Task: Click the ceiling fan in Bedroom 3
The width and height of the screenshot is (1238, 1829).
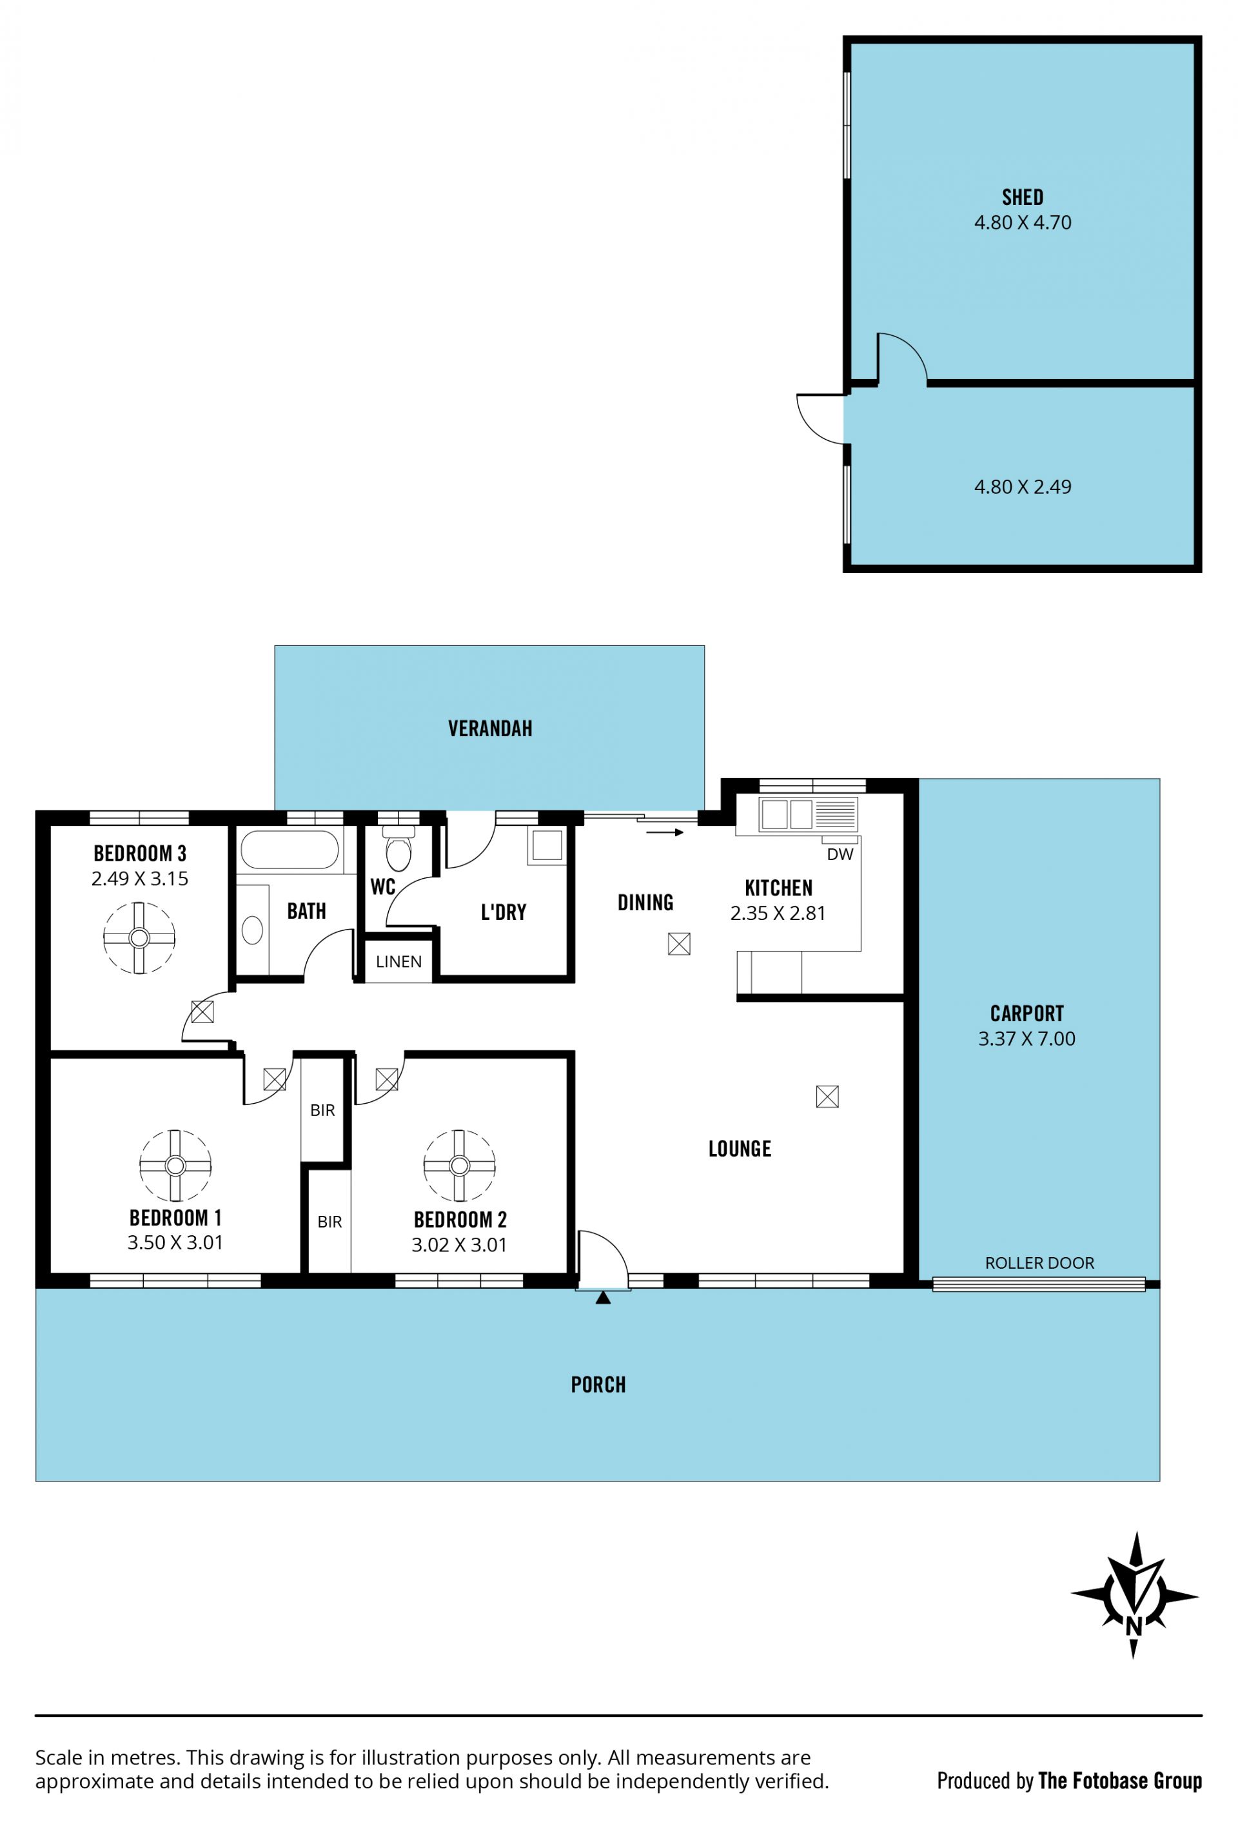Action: [x=139, y=937]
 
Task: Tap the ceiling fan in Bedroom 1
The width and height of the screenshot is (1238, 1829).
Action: [x=175, y=1165]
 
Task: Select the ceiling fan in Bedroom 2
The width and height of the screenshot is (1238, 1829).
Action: [x=460, y=1165]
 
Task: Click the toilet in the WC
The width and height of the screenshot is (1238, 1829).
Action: [x=398, y=848]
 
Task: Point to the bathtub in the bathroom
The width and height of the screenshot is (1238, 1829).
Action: [x=290, y=850]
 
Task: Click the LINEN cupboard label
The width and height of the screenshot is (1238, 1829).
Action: [x=398, y=961]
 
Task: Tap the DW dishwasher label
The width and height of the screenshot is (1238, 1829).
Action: [x=840, y=854]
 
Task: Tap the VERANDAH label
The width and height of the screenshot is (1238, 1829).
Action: [x=489, y=729]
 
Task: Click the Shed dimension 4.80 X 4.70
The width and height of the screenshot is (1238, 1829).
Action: [x=1023, y=222]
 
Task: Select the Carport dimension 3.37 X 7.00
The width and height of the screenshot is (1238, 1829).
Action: [x=1027, y=1039]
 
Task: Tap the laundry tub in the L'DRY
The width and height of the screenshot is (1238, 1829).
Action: [x=547, y=845]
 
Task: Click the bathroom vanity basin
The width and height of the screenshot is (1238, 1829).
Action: [x=252, y=930]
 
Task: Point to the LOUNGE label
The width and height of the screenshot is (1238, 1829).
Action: [x=740, y=1149]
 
